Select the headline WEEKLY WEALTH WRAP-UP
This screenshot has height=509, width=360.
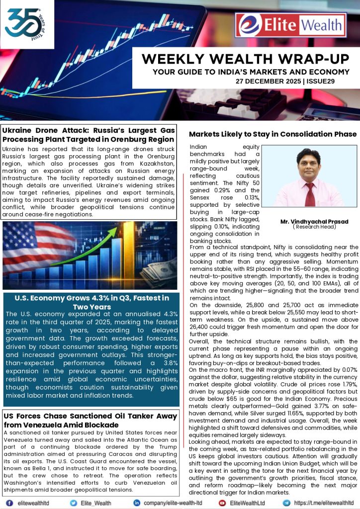(x=245, y=59)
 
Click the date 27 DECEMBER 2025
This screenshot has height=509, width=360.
(x=268, y=81)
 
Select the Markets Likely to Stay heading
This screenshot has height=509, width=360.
(x=272, y=134)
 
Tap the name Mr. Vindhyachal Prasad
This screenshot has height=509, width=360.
(x=314, y=221)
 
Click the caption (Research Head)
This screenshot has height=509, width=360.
(x=314, y=227)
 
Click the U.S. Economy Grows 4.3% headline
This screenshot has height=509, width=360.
(x=91, y=302)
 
